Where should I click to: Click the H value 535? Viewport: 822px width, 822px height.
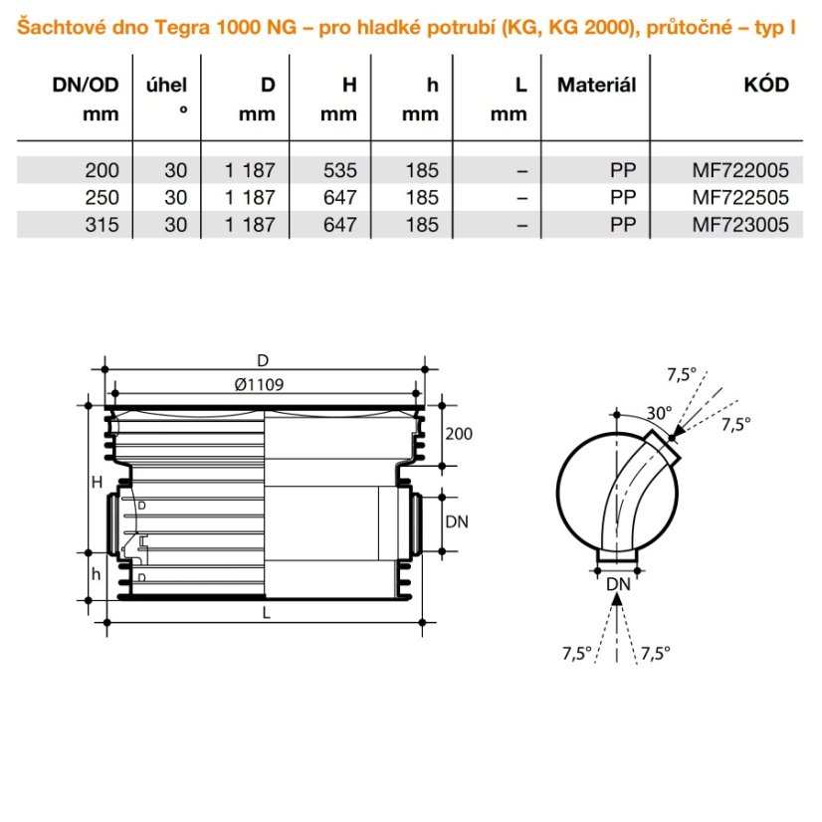(x=339, y=170)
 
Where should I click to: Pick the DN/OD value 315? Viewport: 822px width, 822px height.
(x=103, y=226)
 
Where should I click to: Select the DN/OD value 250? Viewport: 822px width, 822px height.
(x=103, y=198)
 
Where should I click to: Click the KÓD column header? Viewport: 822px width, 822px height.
(x=765, y=86)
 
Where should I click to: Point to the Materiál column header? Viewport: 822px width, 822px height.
(x=596, y=86)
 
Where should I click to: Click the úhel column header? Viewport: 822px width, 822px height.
(x=166, y=86)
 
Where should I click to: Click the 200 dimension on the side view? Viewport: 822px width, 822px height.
(x=459, y=435)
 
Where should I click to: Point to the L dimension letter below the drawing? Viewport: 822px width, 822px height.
(x=266, y=613)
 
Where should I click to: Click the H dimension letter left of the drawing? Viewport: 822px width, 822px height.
(x=97, y=483)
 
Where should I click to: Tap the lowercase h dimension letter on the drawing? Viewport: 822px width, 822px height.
(x=97, y=574)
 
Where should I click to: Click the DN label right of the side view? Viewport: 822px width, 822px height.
(x=457, y=520)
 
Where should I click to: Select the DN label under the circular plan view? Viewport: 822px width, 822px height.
(x=619, y=583)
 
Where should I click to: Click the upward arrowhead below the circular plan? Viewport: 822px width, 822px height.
(x=619, y=600)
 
